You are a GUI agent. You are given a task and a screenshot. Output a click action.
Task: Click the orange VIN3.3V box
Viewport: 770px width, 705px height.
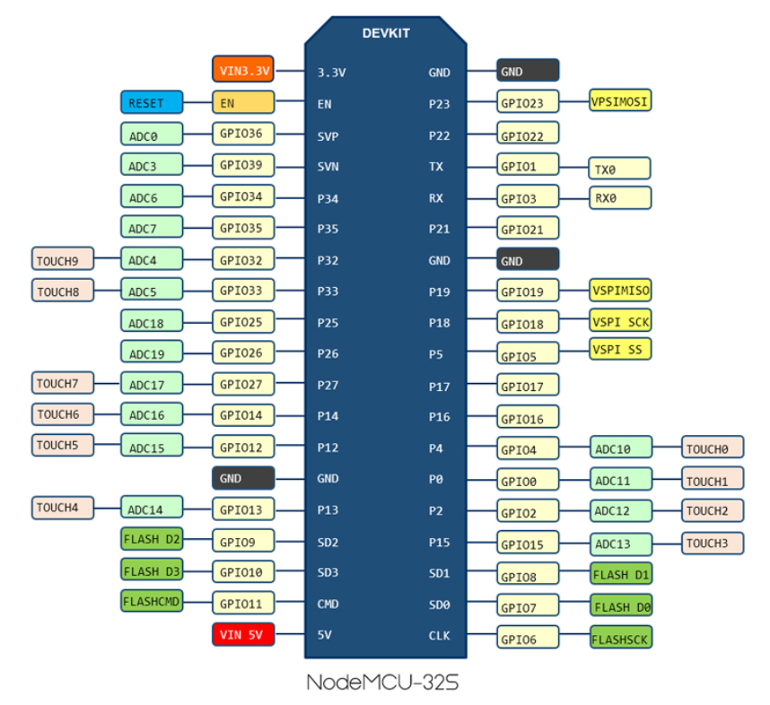coord(243,69)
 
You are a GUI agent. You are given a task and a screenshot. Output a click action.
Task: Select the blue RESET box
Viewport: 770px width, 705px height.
coord(152,102)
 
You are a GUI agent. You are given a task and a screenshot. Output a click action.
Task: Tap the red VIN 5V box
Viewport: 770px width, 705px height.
coord(243,635)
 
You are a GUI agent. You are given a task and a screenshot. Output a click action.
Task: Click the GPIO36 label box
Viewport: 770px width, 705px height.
coord(243,135)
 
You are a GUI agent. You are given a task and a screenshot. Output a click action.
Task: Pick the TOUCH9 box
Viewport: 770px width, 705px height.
coord(62,260)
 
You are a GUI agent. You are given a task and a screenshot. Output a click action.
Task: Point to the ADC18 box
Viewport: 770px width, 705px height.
coord(152,321)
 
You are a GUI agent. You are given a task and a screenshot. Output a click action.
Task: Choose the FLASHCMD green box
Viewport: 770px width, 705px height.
coord(152,601)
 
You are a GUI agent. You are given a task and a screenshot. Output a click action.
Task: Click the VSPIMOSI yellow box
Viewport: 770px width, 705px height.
coord(620,100)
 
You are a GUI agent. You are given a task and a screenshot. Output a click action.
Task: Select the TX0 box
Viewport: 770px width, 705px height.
coord(620,168)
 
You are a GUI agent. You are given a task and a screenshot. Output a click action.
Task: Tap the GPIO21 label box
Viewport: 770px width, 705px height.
coord(528,228)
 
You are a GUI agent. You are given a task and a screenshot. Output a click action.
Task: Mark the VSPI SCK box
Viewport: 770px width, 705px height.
coord(620,321)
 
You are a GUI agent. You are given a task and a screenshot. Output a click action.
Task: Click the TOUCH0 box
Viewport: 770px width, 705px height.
coord(713,447)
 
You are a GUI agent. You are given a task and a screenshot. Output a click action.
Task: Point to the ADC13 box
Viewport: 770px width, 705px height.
coord(620,544)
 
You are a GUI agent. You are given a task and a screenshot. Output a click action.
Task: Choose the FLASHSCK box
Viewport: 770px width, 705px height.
coord(620,638)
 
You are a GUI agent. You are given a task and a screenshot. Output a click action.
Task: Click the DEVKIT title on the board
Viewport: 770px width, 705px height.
coord(385,33)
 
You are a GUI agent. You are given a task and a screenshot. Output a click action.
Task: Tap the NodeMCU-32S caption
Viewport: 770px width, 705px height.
coord(384,681)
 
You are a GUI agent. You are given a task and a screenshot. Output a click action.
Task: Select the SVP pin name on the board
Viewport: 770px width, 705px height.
coord(328,135)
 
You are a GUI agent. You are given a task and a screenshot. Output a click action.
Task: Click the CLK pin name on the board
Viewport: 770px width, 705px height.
coord(439,635)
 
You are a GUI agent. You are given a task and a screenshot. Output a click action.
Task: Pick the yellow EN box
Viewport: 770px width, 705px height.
coord(243,102)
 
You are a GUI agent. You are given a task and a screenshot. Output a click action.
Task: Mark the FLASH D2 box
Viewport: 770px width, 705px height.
coord(152,539)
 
